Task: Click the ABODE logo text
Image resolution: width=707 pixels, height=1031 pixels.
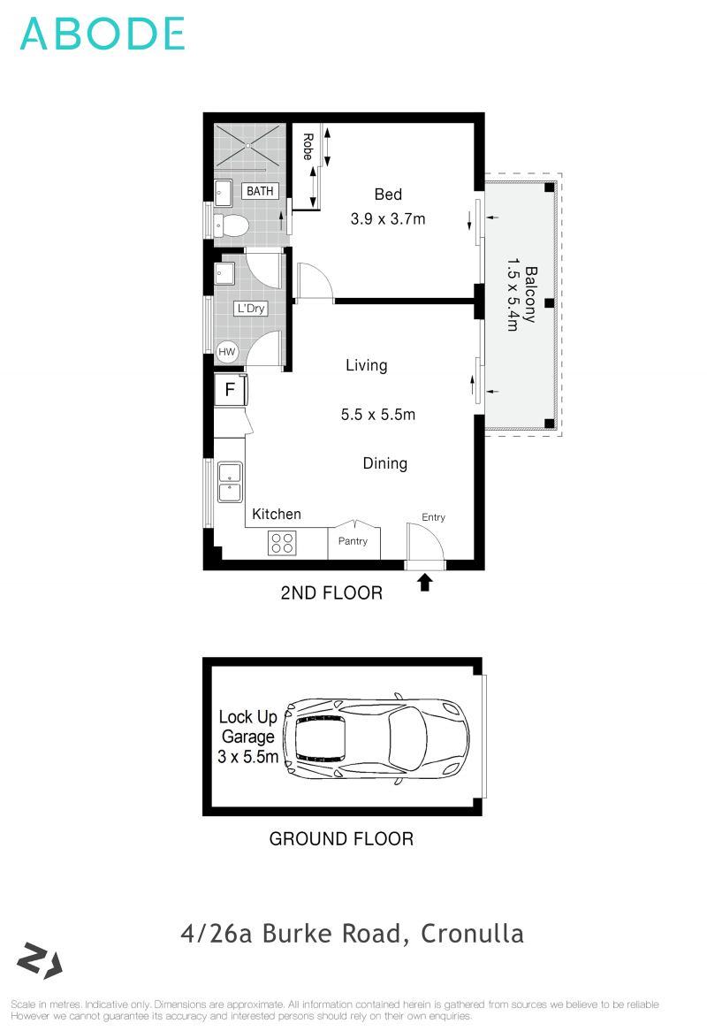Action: tap(102, 34)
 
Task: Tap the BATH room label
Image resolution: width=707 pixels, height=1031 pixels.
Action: tap(260, 191)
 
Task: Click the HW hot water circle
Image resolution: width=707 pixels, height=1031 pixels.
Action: tap(228, 352)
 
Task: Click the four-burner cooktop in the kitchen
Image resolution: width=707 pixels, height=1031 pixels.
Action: tap(282, 543)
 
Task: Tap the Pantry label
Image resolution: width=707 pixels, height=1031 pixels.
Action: tap(353, 542)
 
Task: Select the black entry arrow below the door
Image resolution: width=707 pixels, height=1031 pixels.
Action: tap(425, 582)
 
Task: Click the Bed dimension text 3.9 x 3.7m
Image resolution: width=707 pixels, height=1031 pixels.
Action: tap(388, 218)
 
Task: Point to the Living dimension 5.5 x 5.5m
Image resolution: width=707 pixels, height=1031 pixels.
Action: tap(378, 414)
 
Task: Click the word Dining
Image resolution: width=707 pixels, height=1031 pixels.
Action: tap(385, 463)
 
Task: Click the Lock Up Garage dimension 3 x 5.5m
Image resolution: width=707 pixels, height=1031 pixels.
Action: tap(248, 757)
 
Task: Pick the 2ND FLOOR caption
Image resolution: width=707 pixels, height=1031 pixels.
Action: tap(331, 593)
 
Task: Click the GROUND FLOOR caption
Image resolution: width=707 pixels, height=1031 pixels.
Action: tap(341, 838)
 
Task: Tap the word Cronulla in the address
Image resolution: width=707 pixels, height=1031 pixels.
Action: tap(473, 933)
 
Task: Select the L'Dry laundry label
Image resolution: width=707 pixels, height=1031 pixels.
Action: tap(249, 309)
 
